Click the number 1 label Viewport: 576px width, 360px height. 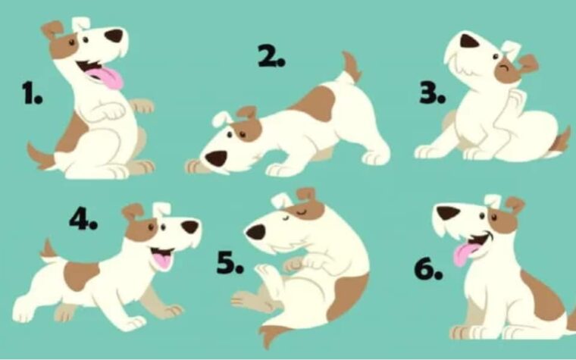point(32,93)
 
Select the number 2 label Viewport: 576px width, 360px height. point(271,56)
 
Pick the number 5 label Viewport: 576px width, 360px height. point(230,263)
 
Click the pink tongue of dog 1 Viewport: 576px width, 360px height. point(107,78)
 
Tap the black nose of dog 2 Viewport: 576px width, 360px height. point(216,158)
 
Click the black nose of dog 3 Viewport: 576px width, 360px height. point(468,42)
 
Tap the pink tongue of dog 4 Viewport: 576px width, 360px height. point(162,260)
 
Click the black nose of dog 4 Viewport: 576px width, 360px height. point(190,227)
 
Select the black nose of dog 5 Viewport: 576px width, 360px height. point(255,232)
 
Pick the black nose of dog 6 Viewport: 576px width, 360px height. point(448,213)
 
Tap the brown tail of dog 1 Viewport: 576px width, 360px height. point(41,157)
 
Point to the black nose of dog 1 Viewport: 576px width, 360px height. point(114,36)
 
